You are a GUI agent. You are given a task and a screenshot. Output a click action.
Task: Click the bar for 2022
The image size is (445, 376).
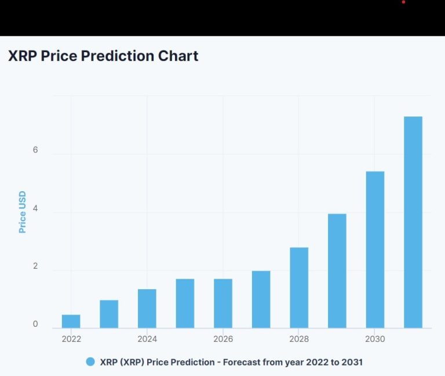point(71,322)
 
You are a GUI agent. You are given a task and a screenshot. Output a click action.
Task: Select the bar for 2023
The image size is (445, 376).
point(109,314)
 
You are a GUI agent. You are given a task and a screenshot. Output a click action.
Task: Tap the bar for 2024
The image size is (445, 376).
point(147,308)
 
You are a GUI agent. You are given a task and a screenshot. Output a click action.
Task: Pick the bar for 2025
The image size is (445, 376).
point(185,304)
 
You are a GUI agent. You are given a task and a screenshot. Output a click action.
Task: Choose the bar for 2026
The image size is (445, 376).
point(223,304)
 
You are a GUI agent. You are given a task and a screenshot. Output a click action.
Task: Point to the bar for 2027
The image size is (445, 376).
point(261,300)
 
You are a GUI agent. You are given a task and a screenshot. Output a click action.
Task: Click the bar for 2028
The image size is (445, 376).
point(299,288)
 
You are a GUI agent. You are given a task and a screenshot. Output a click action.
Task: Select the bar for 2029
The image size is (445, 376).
point(337,271)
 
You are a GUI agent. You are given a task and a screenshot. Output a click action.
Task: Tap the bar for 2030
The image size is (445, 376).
point(375,250)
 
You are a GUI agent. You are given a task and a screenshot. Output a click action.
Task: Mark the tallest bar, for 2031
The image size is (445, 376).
point(413,222)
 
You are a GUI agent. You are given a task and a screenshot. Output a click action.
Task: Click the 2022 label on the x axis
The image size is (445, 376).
point(71,339)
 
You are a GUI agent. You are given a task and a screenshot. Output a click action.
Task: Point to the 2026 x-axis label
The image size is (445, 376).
point(223,339)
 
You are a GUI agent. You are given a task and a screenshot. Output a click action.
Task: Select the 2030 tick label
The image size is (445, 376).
point(375,339)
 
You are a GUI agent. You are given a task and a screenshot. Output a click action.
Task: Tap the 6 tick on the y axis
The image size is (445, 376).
point(35,150)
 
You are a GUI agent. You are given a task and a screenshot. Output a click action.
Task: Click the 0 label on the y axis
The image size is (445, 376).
point(35,324)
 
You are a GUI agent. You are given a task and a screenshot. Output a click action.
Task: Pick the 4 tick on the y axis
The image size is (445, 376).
point(35,208)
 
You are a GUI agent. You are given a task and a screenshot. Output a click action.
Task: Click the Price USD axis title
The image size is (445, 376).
point(23,212)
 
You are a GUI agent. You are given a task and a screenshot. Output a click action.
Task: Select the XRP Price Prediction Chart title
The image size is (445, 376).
point(103,56)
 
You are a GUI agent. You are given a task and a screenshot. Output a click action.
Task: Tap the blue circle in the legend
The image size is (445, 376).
point(90,362)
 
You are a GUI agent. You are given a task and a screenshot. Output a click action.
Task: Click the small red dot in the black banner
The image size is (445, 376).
point(403,2)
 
